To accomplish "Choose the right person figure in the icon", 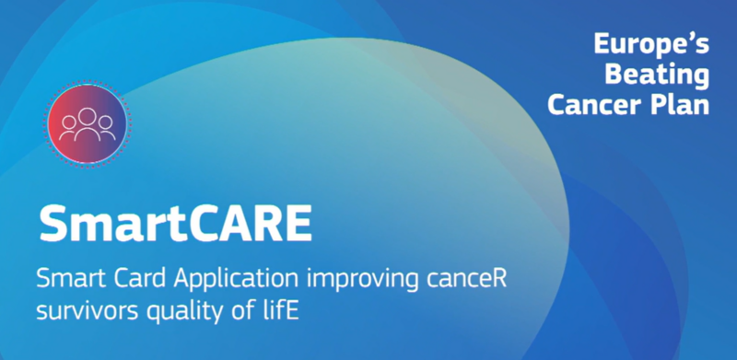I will pyautogui.click(x=106, y=128).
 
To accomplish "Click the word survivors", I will pyautogui.click(x=88, y=312).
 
